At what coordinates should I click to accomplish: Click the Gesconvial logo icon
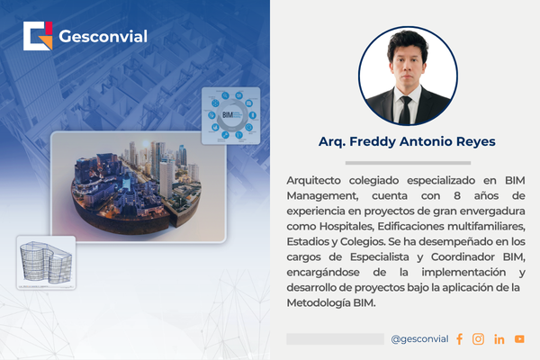[39, 36]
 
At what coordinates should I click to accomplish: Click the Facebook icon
[459, 339]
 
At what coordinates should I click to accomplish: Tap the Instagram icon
[478, 339]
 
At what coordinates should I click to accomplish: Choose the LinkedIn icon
[499, 339]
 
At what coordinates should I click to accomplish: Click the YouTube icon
[519, 339]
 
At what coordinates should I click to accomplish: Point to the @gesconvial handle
[419, 339]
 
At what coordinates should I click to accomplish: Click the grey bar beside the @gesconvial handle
[335, 339]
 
